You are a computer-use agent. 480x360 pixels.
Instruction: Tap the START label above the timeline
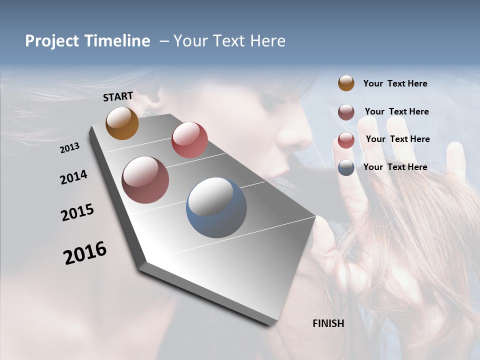(118, 96)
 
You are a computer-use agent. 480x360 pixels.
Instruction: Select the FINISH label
(328, 323)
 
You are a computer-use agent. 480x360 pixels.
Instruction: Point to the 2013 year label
(70, 147)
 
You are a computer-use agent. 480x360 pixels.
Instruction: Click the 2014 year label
(74, 177)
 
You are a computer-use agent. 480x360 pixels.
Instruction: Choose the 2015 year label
(77, 212)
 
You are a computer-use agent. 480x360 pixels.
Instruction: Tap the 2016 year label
(85, 252)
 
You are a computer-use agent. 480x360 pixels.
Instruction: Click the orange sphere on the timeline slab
(122, 123)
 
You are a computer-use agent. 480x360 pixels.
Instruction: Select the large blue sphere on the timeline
(216, 207)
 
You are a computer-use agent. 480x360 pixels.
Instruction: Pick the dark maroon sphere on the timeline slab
(145, 180)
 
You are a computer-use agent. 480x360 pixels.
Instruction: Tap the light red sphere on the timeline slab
(189, 140)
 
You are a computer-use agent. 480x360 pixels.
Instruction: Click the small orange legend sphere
(346, 83)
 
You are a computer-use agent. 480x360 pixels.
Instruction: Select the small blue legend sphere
(346, 167)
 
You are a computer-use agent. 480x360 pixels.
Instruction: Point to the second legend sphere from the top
(346, 112)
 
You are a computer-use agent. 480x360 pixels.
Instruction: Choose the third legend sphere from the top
(346, 140)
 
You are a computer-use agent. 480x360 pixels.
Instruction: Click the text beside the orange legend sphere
(395, 83)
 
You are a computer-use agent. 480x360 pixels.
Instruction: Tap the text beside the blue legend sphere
(395, 167)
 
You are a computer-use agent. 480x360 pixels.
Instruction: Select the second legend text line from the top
(396, 111)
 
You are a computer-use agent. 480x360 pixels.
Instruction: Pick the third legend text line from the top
(397, 139)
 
